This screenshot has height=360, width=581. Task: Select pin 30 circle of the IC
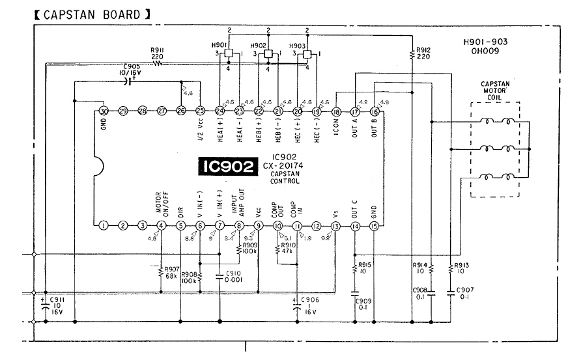click(103, 111)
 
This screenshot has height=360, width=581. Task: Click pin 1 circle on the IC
click(103, 226)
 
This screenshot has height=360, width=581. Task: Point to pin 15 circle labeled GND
click(374, 226)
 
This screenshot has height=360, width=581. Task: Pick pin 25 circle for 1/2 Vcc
click(200, 111)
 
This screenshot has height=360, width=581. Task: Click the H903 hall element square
click(307, 54)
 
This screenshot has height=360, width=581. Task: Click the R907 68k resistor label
click(173, 271)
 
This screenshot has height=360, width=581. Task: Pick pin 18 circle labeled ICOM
click(336, 111)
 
